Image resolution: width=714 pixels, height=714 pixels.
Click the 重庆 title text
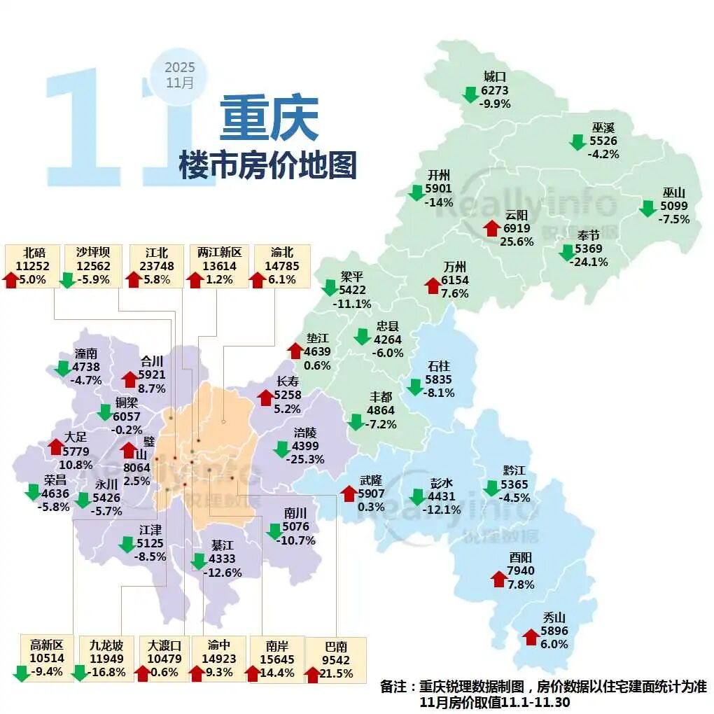[x=269, y=118]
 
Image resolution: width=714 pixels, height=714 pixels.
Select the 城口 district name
[x=494, y=77]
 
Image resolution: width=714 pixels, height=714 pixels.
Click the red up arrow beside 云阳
[x=491, y=228]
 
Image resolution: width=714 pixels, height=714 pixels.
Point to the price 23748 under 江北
[x=152, y=266]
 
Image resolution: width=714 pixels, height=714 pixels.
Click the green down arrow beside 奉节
[x=566, y=253]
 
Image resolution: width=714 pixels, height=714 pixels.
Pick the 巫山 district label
[x=674, y=193]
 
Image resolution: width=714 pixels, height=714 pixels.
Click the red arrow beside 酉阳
[x=498, y=578]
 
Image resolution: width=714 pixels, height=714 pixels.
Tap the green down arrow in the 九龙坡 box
[x=79, y=673]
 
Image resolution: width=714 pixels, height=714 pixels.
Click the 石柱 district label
[x=440, y=366]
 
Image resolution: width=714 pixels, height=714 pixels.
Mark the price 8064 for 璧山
[x=136, y=468]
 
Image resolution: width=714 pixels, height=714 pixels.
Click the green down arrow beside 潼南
[x=62, y=368]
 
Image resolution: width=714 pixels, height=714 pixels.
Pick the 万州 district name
[x=455, y=267]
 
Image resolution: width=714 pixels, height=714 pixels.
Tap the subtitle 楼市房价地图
[x=268, y=165]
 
